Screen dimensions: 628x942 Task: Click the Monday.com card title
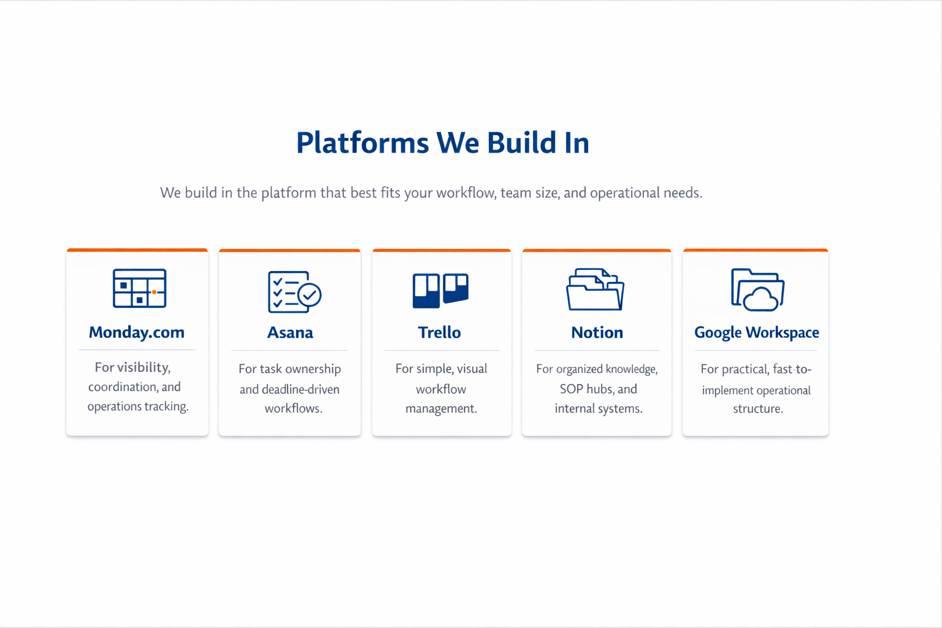136,332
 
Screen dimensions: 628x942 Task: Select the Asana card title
290,332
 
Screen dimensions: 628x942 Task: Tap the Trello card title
439,332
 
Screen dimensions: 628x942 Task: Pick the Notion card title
597,332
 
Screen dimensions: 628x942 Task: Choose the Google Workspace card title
756,332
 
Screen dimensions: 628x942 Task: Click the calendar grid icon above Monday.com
139,288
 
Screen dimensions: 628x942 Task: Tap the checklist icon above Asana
294,291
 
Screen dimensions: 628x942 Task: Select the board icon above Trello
440,289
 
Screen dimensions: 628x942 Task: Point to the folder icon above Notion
595,289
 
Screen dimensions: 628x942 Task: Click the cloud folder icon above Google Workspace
757,289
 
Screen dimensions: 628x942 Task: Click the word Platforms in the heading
362,143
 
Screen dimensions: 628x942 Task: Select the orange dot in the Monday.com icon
155,292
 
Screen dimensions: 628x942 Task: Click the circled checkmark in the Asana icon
310,295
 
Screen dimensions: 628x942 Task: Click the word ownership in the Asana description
312,369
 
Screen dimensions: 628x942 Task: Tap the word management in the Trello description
441,408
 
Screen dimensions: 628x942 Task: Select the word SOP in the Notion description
571,389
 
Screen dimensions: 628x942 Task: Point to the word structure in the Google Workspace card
757,409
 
